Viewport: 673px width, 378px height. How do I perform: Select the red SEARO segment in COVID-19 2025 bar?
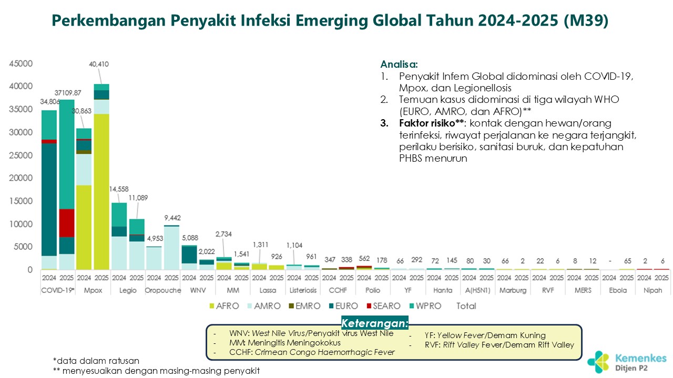point(66,223)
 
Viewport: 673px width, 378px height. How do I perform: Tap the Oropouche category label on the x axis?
point(164,290)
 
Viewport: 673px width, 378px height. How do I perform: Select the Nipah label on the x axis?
point(654,290)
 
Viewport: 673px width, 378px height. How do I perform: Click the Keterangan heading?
point(374,323)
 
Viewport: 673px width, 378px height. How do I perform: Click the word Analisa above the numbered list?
point(399,65)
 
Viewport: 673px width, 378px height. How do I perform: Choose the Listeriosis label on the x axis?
point(303,290)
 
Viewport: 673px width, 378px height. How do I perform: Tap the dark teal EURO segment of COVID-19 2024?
point(49,199)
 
